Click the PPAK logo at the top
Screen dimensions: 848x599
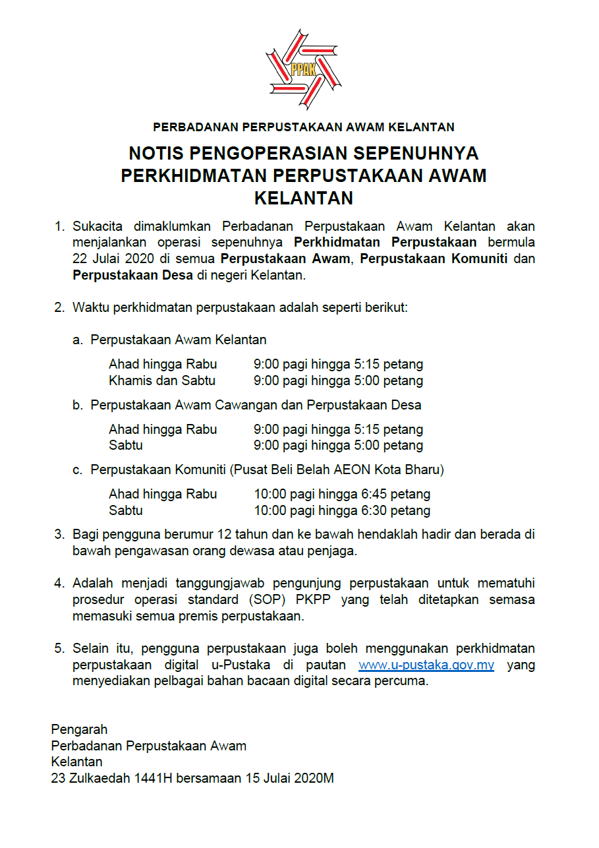(x=304, y=69)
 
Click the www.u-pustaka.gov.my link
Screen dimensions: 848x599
(x=426, y=665)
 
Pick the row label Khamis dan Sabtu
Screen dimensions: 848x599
(x=162, y=380)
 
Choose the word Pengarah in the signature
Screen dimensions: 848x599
(x=79, y=729)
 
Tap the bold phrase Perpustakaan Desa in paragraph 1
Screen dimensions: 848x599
(x=132, y=276)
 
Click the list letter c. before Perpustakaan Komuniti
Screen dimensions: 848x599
(x=77, y=470)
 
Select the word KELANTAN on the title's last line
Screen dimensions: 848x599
(x=304, y=198)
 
